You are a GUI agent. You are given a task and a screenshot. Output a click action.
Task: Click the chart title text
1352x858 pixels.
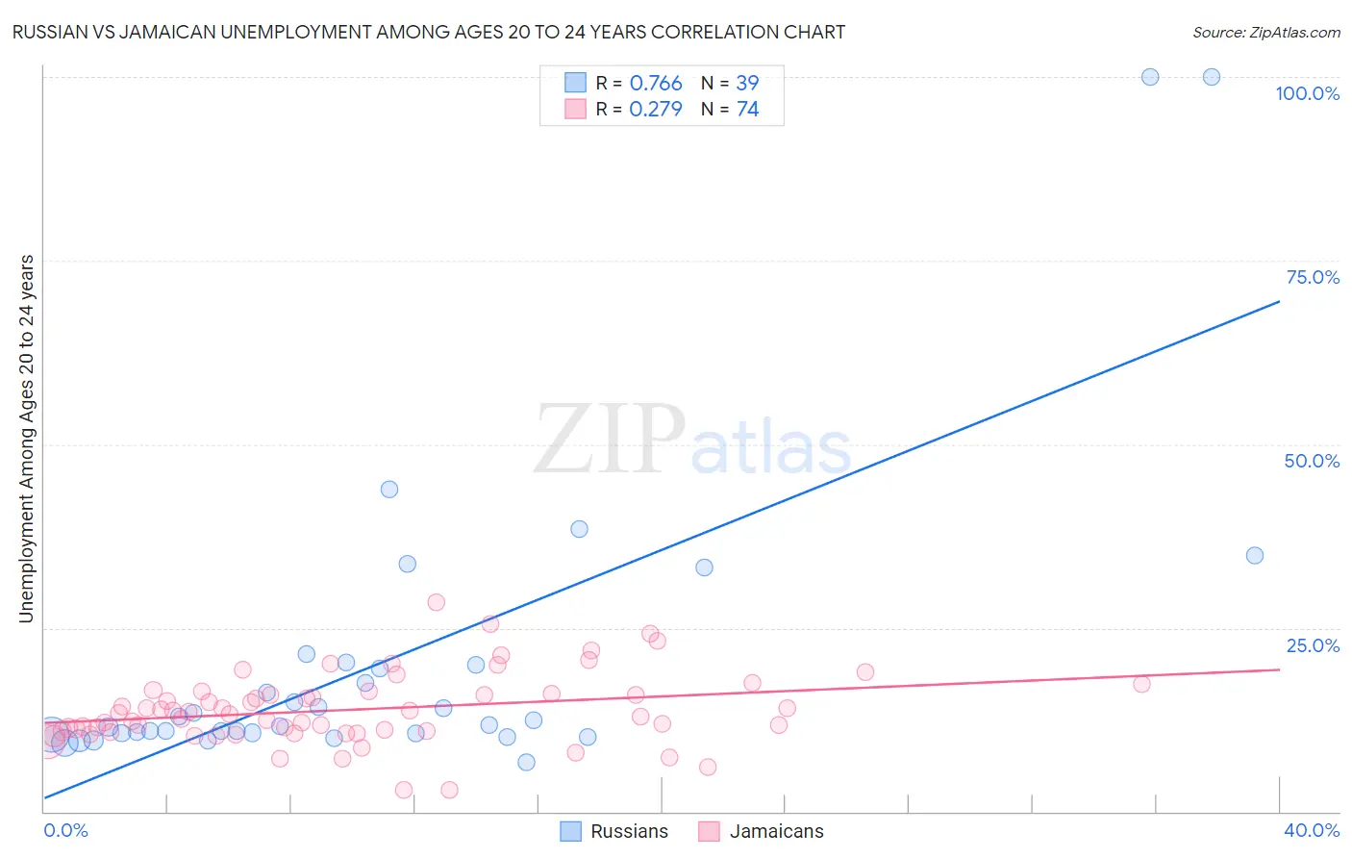429,32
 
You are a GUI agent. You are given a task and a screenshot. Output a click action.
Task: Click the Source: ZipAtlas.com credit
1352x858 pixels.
1265,32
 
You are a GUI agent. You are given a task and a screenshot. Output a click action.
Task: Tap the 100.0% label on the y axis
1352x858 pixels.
1307,93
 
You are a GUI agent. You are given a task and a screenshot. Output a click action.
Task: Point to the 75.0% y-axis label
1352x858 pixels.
1313,277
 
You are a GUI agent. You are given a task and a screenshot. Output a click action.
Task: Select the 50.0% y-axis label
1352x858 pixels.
1312,461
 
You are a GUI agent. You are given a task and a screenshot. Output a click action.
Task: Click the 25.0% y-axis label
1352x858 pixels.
1313,645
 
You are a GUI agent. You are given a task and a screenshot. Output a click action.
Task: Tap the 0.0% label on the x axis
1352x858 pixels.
65,830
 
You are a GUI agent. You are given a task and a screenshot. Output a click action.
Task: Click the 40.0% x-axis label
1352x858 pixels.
1311,830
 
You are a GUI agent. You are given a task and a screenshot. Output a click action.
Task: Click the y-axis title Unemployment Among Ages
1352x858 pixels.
27,439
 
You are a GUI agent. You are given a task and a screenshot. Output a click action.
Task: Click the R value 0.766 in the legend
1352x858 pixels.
656,84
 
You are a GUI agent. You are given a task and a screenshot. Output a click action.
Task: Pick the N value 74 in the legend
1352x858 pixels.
747,110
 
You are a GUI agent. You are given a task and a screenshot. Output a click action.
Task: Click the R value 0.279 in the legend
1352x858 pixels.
656,110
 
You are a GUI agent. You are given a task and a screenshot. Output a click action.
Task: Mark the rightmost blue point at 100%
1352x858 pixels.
1212,77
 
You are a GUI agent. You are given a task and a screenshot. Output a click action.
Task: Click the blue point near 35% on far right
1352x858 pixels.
1255,555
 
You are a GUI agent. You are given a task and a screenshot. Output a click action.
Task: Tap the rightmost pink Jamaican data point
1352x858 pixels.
1141,684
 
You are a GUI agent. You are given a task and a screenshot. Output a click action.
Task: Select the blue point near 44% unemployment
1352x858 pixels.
389,489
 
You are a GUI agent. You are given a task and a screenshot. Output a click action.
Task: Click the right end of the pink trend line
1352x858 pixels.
1279,669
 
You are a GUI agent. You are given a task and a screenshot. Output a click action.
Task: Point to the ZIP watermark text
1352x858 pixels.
610,440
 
